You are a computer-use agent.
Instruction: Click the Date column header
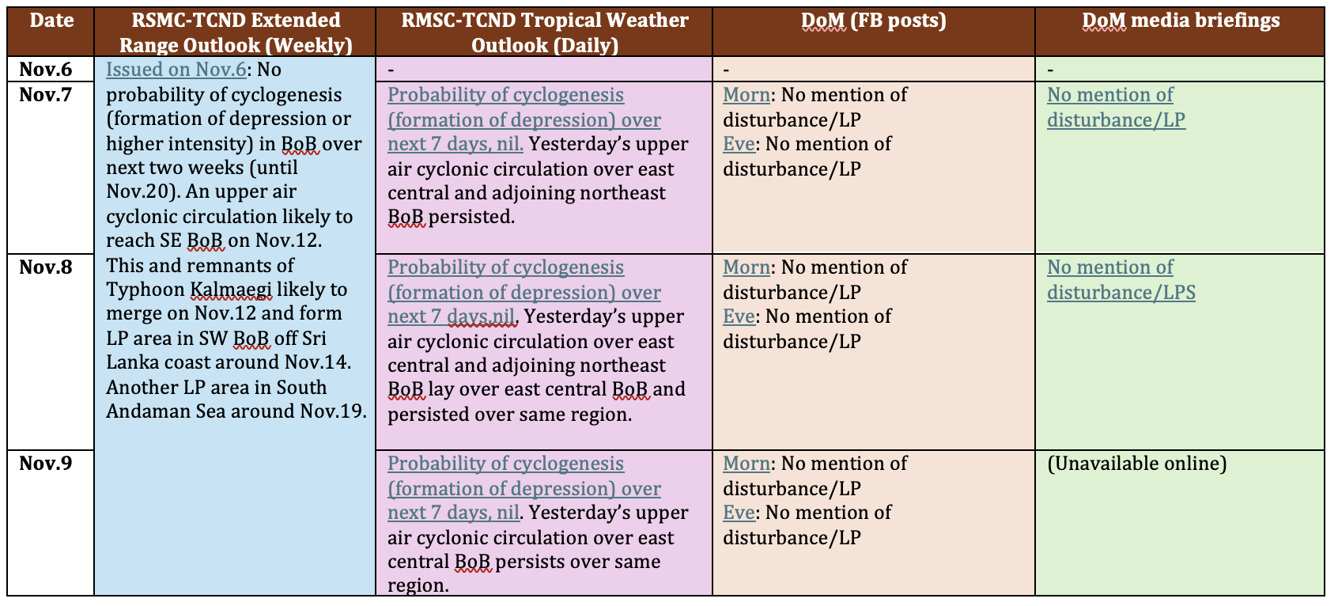pyautogui.click(x=51, y=21)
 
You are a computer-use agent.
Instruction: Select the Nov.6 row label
pyautogui.click(x=45, y=70)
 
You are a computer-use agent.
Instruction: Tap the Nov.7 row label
pyautogui.click(x=45, y=94)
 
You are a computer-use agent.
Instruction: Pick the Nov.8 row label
pyautogui.click(x=45, y=267)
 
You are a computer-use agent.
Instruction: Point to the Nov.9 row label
pyautogui.click(x=45, y=463)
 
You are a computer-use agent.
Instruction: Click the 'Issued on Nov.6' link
pyautogui.click(x=176, y=70)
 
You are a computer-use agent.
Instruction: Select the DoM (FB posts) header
pyautogui.click(x=873, y=21)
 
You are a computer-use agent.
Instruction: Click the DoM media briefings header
pyautogui.click(x=1181, y=21)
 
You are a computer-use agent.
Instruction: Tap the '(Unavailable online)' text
pyautogui.click(x=1136, y=464)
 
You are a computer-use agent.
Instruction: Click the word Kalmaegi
pyautogui.click(x=231, y=290)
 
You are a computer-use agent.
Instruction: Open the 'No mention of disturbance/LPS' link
pyautogui.click(x=1121, y=280)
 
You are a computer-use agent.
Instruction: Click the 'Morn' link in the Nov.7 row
pyautogui.click(x=746, y=94)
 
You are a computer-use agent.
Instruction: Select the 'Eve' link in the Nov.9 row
pyautogui.click(x=739, y=512)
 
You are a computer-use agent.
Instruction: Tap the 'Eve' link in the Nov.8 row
pyautogui.click(x=739, y=316)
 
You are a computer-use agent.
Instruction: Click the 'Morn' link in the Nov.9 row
pyautogui.click(x=746, y=463)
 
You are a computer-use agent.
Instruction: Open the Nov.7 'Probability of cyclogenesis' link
pyautogui.click(x=524, y=119)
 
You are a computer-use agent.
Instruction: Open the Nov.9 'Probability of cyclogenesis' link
pyautogui.click(x=524, y=488)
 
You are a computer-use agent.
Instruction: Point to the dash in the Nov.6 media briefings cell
pyautogui.click(x=1050, y=70)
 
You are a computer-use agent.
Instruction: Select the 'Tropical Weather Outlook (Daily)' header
pyautogui.click(x=545, y=32)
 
